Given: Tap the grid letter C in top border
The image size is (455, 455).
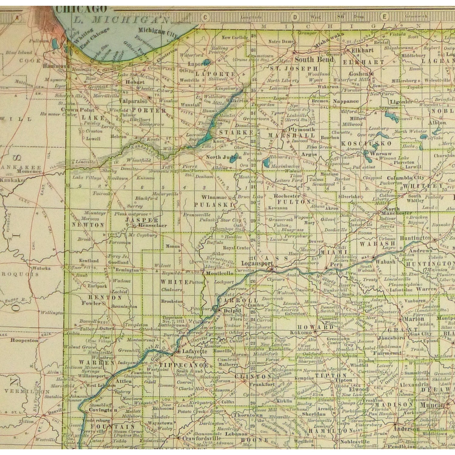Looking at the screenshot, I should tap(205, 17).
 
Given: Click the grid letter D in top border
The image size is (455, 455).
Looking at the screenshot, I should tap(295, 17).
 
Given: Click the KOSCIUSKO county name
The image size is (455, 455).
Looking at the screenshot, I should tap(366, 143).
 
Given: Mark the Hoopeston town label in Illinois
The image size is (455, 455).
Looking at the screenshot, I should tap(24, 340).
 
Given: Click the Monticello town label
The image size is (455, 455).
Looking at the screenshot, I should tap(220, 273).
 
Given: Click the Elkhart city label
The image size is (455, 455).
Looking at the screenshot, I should tap(362, 50).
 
